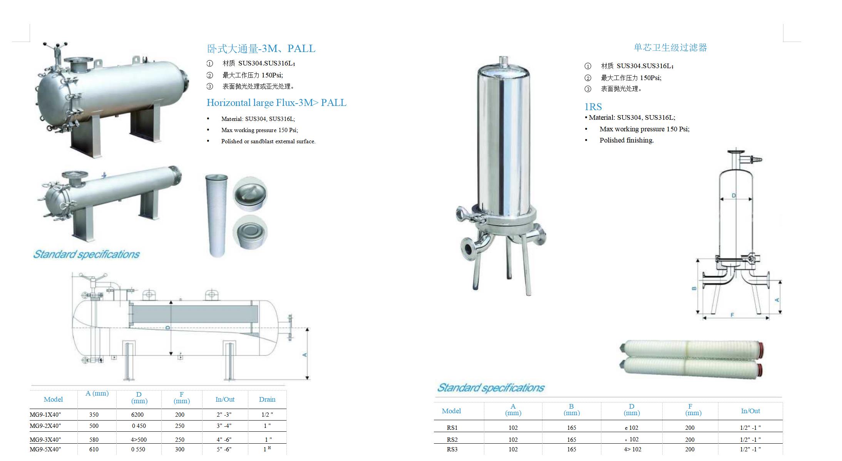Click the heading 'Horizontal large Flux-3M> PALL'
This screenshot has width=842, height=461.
pyautogui.click(x=276, y=102)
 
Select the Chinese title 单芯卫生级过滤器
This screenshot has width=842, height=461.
pyautogui.click(x=670, y=47)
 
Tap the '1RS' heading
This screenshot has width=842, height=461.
pyautogui.click(x=593, y=107)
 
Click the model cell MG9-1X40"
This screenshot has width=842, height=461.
pyautogui.click(x=45, y=415)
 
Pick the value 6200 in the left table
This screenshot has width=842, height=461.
pyautogui.click(x=137, y=415)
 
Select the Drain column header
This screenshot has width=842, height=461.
pyautogui.click(x=267, y=399)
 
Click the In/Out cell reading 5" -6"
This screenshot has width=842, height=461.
pyautogui.click(x=224, y=449)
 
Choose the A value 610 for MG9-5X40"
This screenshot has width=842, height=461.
pyautogui.click(x=94, y=449)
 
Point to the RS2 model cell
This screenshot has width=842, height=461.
pyautogui.click(x=452, y=439)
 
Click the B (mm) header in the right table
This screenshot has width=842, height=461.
pyautogui.click(x=571, y=409)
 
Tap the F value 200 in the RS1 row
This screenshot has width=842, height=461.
pyautogui.click(x=690, y=427)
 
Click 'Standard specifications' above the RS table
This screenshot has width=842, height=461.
pyautogui.click(x=491, y=387)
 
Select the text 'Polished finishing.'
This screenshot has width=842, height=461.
pyautogui.click(x=627, y=140)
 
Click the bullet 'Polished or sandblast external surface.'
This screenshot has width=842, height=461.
pyautogui.click(x=268, y=141)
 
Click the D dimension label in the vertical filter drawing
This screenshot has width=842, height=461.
pyautogui.click(x=734, y=196)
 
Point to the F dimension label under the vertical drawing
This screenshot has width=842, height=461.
pyautogui.click(x=732, y=315)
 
